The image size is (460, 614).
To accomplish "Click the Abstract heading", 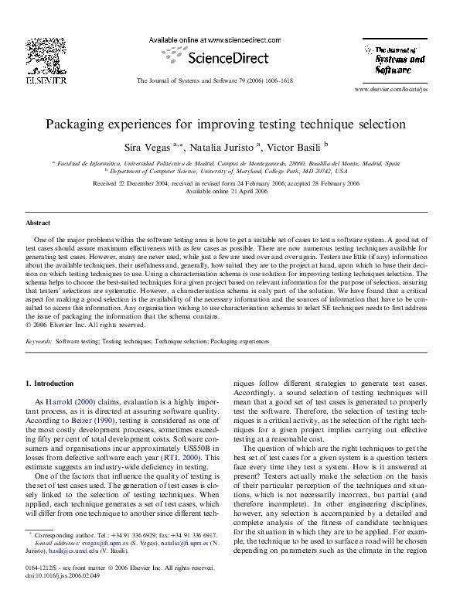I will click(39, 222).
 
